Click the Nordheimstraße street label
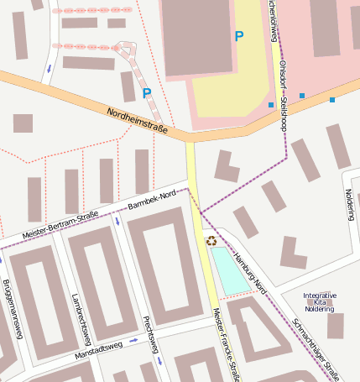[138, 121]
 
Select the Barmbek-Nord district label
[152, 200]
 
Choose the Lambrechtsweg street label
[82, 319]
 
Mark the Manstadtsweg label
[99, 346]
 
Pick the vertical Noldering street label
[350, 205]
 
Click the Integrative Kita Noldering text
[319, 302]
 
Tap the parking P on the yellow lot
[239, 36]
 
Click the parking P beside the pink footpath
[147, 92]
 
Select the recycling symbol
[211, 242]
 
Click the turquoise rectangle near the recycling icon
[230, 270]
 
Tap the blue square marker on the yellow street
[271, 105]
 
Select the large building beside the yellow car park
[198, 38]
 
